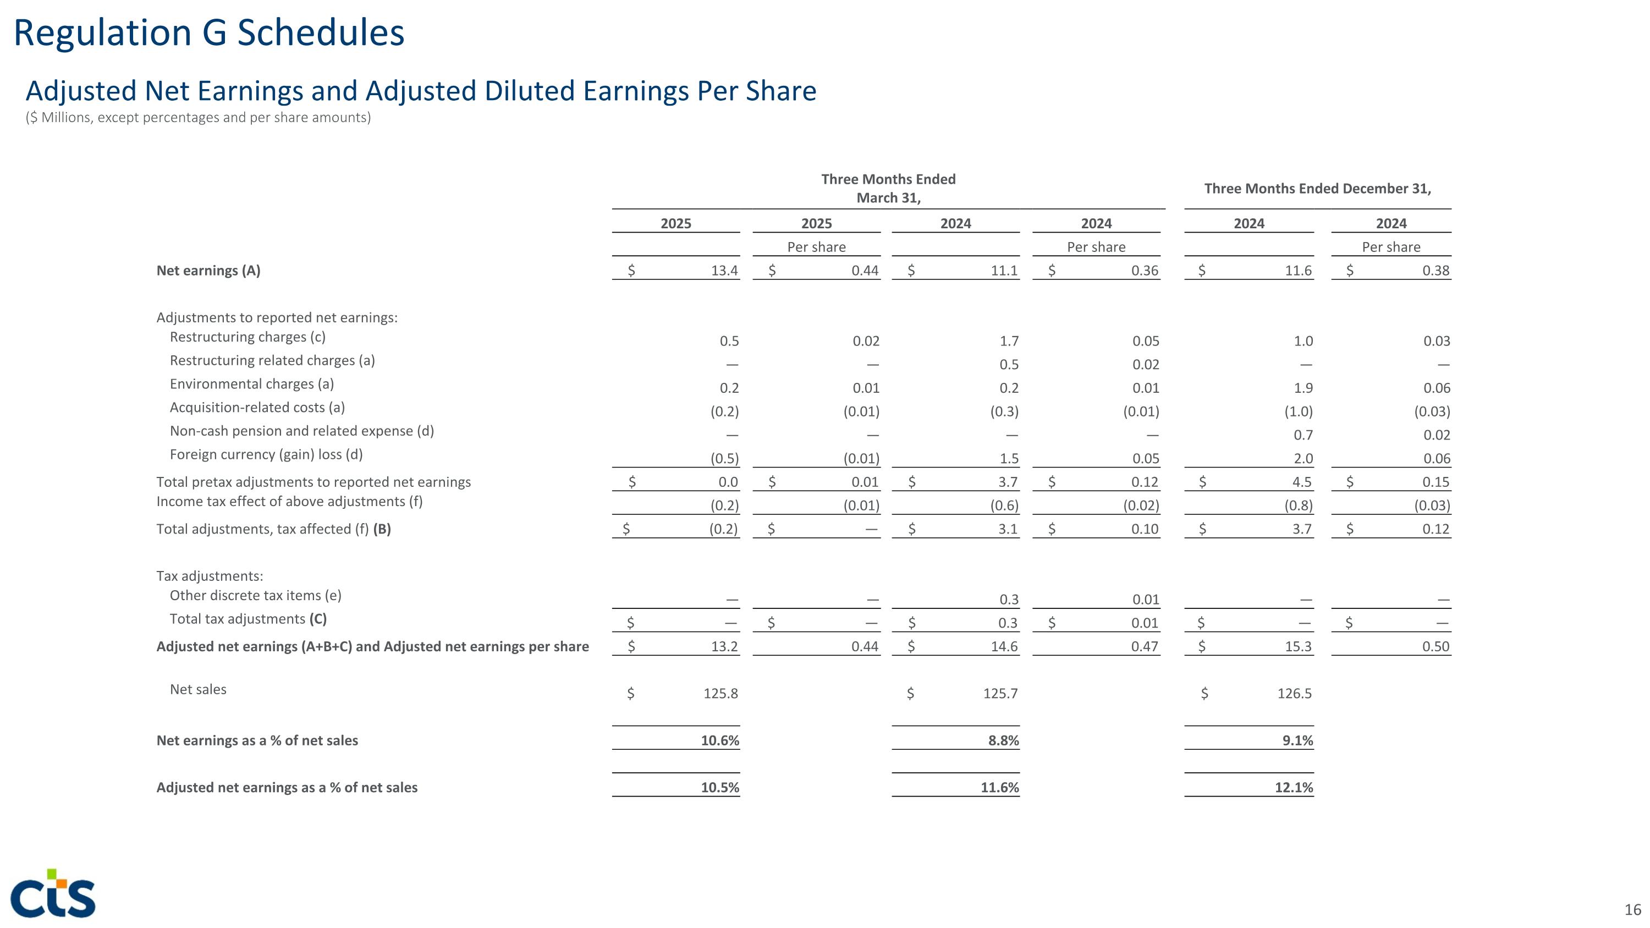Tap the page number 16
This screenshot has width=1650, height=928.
tap(1632, 909)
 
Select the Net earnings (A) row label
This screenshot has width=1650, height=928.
tap(208, 270)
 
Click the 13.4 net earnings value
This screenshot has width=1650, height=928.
tap(724, 271)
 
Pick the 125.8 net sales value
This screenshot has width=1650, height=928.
tap(721, 694)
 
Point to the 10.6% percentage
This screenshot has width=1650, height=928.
tap(719, 741)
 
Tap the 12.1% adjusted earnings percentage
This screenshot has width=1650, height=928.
tap(1293, 788)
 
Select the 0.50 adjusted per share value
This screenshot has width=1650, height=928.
tap(1436, 647)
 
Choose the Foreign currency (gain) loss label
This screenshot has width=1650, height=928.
tap(266, 455)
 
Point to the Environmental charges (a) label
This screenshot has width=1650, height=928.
tap(252, 385)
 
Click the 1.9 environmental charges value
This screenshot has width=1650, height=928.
tap(1303, 388)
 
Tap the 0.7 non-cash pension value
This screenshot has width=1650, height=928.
tap(1303, 436)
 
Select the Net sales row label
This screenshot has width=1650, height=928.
tap(198, 690)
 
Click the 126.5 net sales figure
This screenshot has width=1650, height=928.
tap(1294, 694)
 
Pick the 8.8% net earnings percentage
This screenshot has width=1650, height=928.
tap(1004, 741)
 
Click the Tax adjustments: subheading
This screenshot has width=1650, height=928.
tap(210, 576)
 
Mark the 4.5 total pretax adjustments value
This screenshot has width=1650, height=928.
tap(1301, 482)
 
